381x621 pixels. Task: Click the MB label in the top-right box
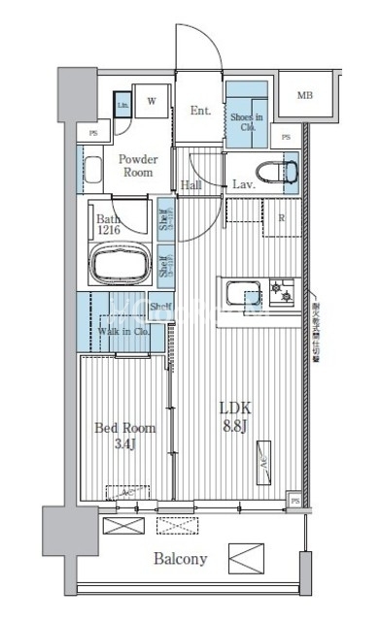(x=305, y=95)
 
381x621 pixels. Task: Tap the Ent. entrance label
(x=201, y=111)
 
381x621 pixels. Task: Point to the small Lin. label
(x=123, y=105)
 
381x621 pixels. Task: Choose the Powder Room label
(x=139, y=165)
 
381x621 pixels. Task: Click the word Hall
(x=191, y=184)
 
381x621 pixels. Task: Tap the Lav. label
(x=243, y=184)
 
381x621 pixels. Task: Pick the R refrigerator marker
(x=282, y=218)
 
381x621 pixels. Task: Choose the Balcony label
(x=179, y=559)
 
